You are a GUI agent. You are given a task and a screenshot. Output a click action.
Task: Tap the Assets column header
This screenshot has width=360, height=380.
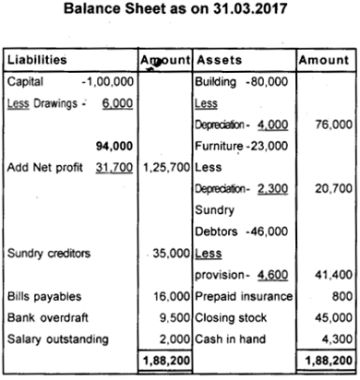click(x=219, y=60)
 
